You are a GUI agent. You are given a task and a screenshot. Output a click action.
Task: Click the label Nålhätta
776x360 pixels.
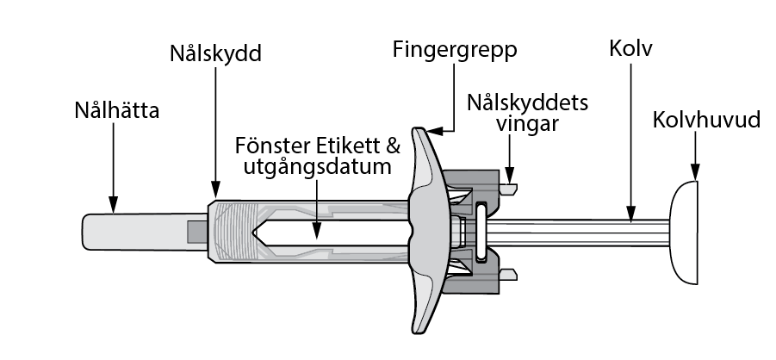(117, 110)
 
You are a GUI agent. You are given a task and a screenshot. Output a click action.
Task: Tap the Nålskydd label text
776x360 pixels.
(215, 53)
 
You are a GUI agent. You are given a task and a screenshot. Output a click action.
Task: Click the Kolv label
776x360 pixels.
(630, 48)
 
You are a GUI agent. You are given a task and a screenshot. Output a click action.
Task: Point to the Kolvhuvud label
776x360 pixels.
(706, 120)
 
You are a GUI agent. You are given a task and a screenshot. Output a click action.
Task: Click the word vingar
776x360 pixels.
(528, 124)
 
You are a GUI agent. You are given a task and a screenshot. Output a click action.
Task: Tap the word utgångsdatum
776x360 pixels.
(317, 167)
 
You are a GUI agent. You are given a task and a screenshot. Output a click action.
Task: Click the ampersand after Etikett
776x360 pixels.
(393, 146)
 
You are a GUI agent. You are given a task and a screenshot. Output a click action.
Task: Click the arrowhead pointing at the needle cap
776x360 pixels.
(114, 204)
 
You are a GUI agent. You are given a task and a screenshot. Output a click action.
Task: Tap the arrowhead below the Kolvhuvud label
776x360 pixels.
(695, 172)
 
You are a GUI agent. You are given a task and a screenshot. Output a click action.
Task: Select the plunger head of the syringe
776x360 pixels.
(685, 233)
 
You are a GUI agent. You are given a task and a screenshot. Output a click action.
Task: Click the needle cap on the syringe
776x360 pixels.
(145, 232)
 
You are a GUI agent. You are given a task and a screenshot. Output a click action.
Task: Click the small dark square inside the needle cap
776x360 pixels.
(197, 233)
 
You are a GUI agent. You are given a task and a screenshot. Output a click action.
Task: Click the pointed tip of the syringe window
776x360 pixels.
(253, 233)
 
